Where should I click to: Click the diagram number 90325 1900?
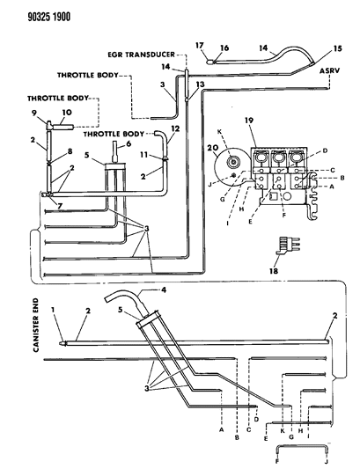(49, 17)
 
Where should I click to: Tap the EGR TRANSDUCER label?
(141, 55)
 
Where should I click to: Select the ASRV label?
(329, 71)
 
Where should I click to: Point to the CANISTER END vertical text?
(36, 325)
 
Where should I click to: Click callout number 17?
(200, 46)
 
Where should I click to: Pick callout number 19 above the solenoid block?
(249, 121)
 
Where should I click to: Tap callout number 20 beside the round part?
(214, 149)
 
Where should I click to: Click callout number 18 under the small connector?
(274, 271)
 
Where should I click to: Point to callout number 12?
(175, 128)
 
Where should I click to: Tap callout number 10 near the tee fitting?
(67, 113)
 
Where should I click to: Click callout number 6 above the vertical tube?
(129, 144)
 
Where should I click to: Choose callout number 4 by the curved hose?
(164, 289)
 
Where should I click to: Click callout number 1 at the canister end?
(53, 310)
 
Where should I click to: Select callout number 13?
(200, 84)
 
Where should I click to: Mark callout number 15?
(338, 48)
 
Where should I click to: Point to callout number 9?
(33, 113)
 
